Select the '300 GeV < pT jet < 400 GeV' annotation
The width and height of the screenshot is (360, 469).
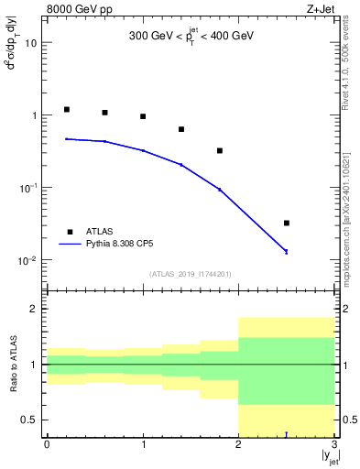(x=191, y=37)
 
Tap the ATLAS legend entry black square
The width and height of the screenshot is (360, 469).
(x=66, y=232)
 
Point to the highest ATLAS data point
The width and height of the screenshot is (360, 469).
(x=66, y=109)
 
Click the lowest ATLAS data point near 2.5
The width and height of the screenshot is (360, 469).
(x=287, y=223)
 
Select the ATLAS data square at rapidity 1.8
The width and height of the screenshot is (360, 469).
(x=220, y=150)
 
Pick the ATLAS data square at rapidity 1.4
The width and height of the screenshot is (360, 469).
(x=181, y=129)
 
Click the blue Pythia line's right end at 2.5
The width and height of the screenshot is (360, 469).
(x=287, y=251)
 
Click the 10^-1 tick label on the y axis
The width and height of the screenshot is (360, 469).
(x=29, y=188)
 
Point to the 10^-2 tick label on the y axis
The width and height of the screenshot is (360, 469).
(x=29, y=260)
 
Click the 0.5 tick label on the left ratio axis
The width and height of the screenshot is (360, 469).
(x=27, y=420)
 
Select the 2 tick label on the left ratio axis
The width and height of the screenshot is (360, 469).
(x=33, y=309)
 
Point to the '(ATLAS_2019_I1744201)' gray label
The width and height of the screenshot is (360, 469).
(x=191, y=273)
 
